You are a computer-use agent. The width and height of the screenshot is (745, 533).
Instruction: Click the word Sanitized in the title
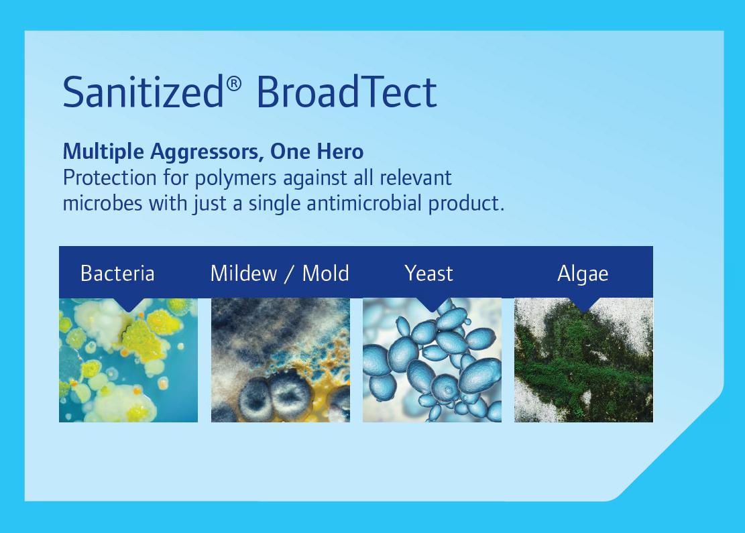(x=143, y=91)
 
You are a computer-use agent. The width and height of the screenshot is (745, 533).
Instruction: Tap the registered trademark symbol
(x=234, y=84)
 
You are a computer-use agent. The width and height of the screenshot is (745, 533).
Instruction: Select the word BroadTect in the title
(x=347, y=91)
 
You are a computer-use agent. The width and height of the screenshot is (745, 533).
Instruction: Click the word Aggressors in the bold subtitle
(x=207, y=152)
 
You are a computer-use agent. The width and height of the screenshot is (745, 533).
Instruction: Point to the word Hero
(x=340, y=152)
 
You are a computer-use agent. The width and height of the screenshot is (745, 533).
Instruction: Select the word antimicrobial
(x=364, y=203)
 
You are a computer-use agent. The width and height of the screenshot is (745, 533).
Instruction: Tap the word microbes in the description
(x=103, y=203)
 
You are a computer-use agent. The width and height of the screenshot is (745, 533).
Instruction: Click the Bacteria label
(x=117, y=273)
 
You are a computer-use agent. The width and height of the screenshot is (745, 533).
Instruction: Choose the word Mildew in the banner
(x=243, y=273)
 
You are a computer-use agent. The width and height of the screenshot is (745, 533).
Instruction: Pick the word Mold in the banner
(x=325, y=273)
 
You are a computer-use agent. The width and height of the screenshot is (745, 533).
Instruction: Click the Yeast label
(x=428, y=273)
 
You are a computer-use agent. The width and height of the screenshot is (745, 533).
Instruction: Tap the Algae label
(x=583, y=274)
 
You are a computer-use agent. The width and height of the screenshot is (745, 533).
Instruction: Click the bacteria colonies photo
(x=128, y=360)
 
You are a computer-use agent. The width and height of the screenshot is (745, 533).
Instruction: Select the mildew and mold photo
(x=280, y=360)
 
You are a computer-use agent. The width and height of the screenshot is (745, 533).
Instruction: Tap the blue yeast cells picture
(x=432, y=360)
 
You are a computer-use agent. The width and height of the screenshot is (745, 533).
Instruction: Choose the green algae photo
(x=583, y=360)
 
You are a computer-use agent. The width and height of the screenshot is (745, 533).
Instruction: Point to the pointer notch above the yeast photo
(x=432, y=304)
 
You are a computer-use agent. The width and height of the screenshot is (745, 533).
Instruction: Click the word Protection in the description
(x=109, y=178)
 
